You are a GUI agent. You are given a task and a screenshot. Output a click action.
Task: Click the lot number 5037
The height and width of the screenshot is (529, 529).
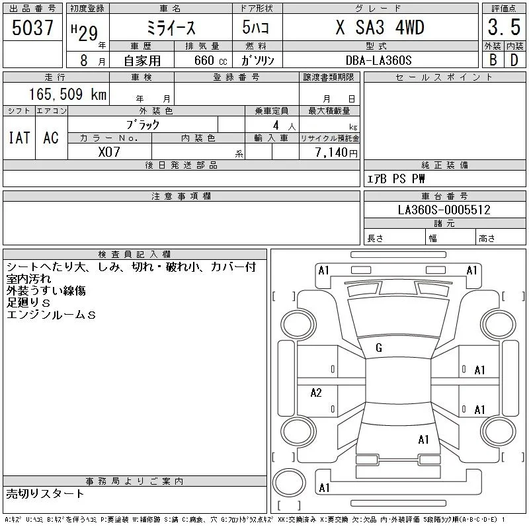pyautogui.click(x=32, y=28)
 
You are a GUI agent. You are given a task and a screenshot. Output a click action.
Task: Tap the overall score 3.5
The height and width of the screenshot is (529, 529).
pyautogui.click(x=504, y=27)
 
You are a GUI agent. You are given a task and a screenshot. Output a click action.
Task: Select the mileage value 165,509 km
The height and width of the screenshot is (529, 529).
pyautogui.click(x=67, y=94)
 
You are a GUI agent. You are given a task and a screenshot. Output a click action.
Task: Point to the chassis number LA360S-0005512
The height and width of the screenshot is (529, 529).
pyautogui.click(x=444, y=210)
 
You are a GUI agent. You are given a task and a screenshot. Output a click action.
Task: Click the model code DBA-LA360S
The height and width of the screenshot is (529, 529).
pyautogui.click(x=378, y=60)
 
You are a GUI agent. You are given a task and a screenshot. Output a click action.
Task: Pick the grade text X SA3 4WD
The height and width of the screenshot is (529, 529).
pyautogui.click(x=380, y=27)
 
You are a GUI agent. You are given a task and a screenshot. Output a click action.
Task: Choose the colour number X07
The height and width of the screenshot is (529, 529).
pyautogui.click(x=109, y=152)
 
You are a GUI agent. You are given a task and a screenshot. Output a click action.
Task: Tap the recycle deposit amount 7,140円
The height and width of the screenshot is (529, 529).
pyautogui.click(x=336, y=153)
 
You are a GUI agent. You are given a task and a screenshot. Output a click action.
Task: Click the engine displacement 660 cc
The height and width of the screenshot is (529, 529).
pyautogui.click(x=211, y=60)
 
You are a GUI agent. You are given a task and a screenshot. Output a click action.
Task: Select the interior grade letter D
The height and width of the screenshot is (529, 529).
pyautogui.click(x=514, y=60)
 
